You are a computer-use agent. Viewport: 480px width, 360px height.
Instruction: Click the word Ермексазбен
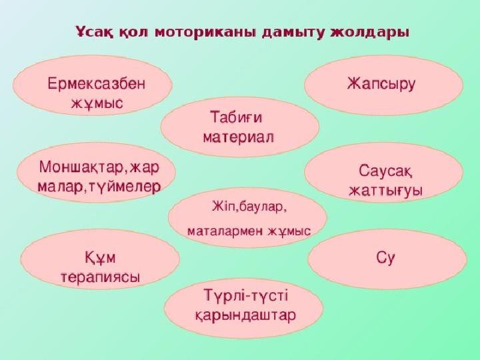click(97, 83)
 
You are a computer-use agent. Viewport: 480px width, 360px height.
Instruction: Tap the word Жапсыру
click(381, 83)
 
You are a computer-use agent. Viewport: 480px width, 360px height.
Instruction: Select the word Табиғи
click(236, 117)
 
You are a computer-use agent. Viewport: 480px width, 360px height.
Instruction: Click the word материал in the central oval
click(239, 137)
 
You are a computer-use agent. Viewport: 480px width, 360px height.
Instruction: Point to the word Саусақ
click(385, 171)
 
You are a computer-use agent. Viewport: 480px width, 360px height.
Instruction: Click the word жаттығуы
click(386, 191)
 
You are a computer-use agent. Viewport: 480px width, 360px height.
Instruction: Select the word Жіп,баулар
click(249, 207)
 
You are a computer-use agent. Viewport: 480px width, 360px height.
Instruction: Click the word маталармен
click(225, 231)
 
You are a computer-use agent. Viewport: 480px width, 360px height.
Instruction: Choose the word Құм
click(100, 258)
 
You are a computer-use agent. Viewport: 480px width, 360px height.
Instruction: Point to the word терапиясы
click(101, 277)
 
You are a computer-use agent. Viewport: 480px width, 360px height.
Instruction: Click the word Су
click(385, 258)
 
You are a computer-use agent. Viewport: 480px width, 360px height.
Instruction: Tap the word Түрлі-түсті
click(246, 296)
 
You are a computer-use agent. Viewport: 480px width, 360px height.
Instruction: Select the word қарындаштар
click(245, 315)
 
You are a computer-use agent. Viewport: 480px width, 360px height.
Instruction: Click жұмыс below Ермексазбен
click(97, 103)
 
